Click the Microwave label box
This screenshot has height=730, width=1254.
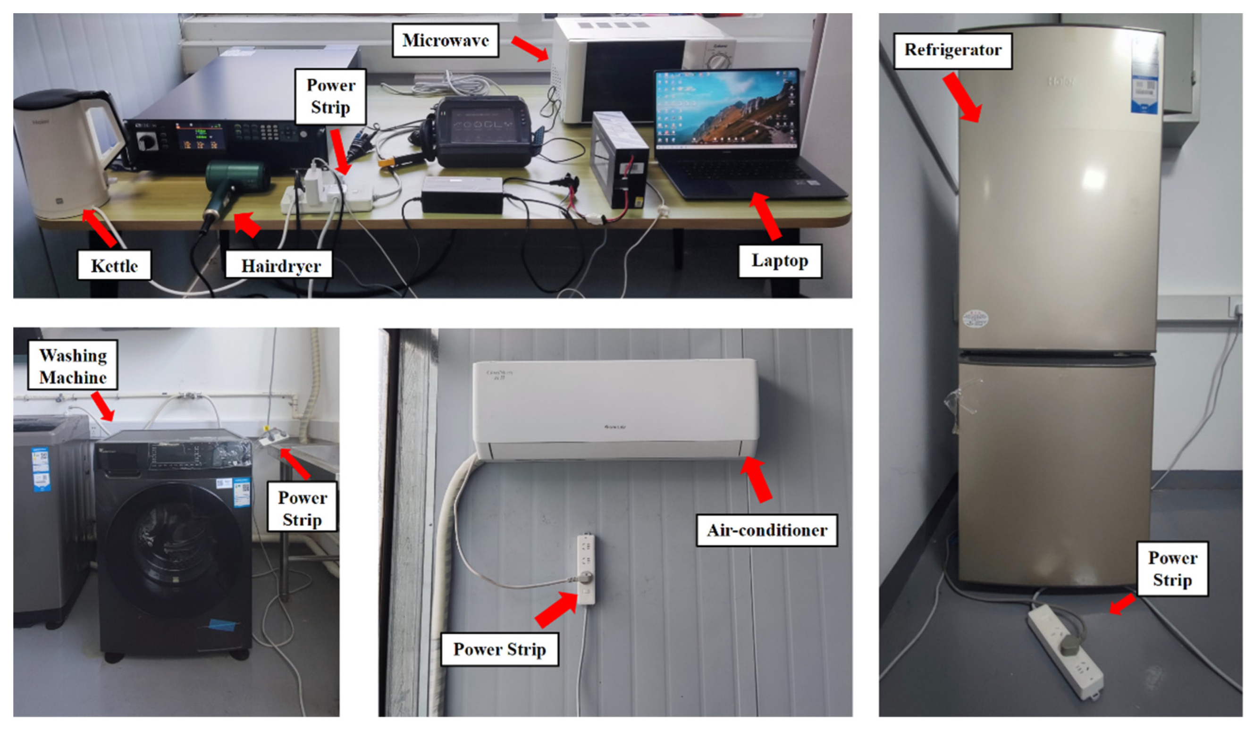[446, 40]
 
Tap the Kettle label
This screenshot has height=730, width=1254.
[114, 266]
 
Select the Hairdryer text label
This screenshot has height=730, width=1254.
[281, 266]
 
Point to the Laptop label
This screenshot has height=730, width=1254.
[779, 261]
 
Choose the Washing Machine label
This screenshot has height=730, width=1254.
[73, 366]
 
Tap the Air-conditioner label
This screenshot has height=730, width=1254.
[767, 530]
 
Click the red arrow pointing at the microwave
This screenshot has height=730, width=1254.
[530, 48]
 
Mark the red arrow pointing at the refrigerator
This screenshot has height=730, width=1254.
[962, 97]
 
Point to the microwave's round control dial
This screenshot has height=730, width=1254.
[718, 61]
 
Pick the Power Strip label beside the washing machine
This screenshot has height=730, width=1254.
[302, 508]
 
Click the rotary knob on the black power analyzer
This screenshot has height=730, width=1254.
[147, 141]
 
